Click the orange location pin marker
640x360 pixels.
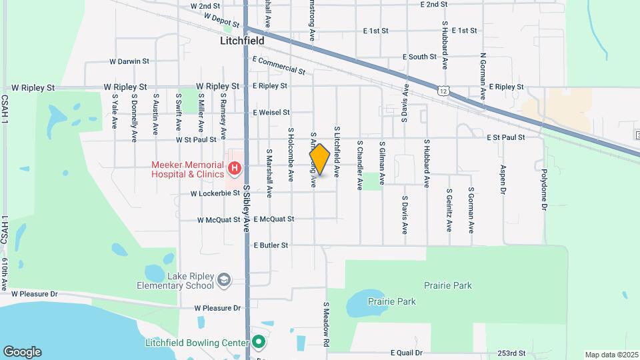click(320, 159)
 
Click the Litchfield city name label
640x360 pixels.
click(242, 41)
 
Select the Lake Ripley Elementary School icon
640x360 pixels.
click(225, 279)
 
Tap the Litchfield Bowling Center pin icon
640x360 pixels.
click(259, 343)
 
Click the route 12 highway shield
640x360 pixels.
click(443, 89)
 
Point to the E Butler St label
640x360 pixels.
click(271, 245)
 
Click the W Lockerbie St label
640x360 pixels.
click(215, 194)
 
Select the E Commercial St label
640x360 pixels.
click(279, 65)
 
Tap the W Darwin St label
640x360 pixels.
click(129, 61)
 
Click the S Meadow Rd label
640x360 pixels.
click(327, 324)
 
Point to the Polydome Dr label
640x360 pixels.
click(544, 188)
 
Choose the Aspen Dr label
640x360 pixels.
click(503, 180)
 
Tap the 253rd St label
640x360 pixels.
click(511, 353)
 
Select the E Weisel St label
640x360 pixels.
click(271, 113)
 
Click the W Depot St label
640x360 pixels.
click(221, 18)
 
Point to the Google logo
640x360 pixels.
click(22, 351)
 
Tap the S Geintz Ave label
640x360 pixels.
click(449, 209)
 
